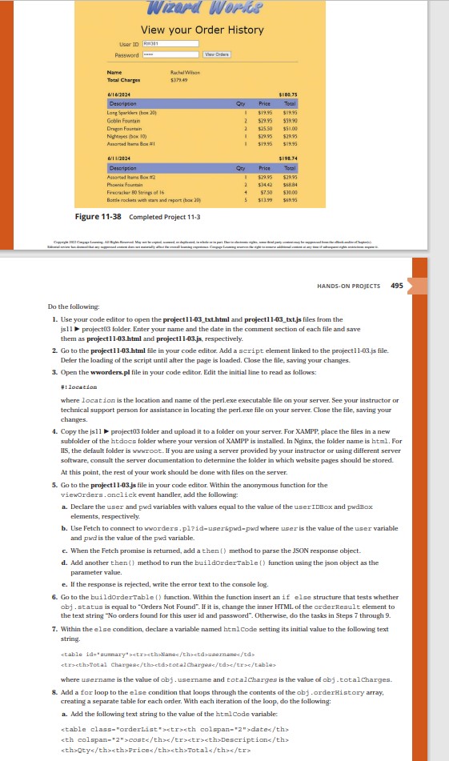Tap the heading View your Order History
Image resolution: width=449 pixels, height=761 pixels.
(x=202, y=30)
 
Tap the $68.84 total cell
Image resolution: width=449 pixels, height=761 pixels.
(x=290, y=183)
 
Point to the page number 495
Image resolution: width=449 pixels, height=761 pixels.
(x=398, y=285)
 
